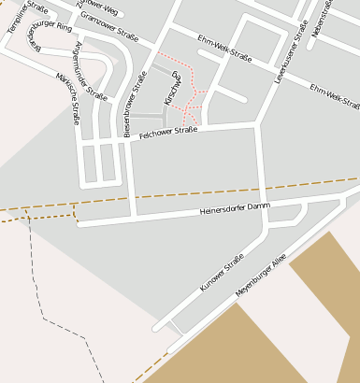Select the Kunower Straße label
pyautogui.click(x=222, y=271)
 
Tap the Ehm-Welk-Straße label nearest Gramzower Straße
pyautogui.click(x=224, y=54)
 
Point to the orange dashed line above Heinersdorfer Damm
pyautogui.click(x=187, y=195)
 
